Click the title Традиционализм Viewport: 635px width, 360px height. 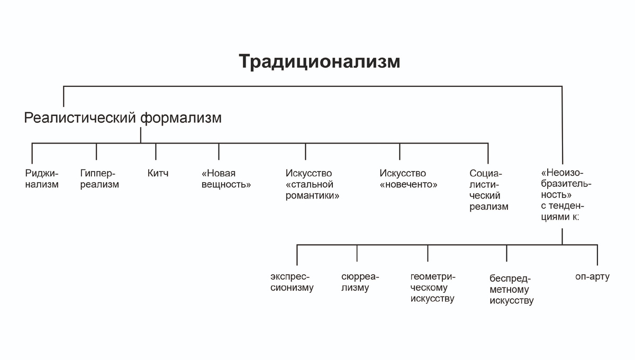click(319, 61)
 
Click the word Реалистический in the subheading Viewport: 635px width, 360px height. click(80, 118)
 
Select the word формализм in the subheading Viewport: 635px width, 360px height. click(180, 118)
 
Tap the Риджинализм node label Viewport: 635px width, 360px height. click(42, 179)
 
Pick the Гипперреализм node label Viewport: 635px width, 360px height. click(99, 179)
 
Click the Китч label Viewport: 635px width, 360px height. click(158, 173)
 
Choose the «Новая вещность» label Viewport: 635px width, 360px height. click(226, 179)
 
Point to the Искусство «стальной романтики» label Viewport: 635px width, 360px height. click(312, 185)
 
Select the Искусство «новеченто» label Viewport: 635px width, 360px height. click(408, 179)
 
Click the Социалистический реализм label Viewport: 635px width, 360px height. click(488, 190)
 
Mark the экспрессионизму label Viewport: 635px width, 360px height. click(292, 282)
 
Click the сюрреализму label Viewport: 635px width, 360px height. click(360, 282)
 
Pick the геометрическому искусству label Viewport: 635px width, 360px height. click(432, 287)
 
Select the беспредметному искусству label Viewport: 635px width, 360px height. click(511, 290)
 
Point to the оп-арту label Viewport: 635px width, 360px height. click(592, 276)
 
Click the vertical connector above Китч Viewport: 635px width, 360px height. click(156, 151)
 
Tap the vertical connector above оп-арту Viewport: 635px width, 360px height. click(597, 255)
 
